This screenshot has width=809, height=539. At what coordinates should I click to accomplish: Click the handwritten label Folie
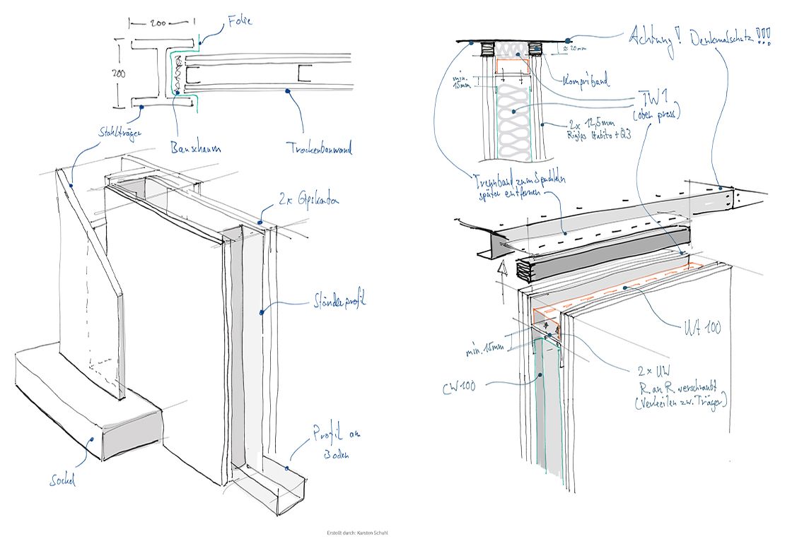[x=240, y=22]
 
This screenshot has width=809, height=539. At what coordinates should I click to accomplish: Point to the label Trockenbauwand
[x=320, y=149]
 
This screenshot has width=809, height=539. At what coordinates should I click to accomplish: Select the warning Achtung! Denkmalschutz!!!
[x=699, y=38]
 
